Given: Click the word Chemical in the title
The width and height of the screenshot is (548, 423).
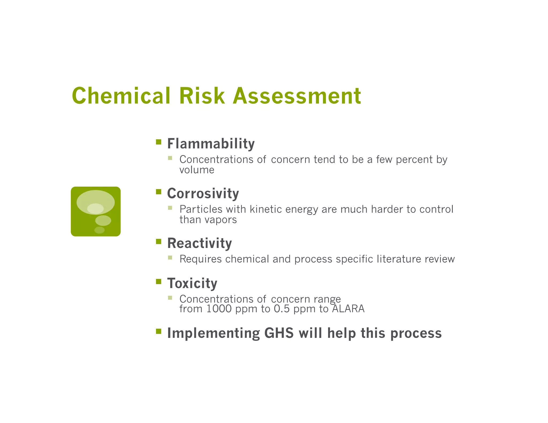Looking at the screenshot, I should (121, 96).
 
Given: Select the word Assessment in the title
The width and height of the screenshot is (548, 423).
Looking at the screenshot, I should (297, 96).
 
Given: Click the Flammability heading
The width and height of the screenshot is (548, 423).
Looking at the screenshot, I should (211, 144).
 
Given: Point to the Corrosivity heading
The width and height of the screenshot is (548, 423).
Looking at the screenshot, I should (203, 193).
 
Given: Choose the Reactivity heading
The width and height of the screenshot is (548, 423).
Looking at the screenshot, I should (199, 243).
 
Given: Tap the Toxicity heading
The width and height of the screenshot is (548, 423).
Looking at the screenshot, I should (192, 283).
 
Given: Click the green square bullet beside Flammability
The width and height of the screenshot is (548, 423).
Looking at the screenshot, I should (159, 142).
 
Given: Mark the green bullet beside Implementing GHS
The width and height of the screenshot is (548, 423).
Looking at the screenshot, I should (159, 332).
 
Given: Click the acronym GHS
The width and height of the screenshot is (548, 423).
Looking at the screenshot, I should (279, 333).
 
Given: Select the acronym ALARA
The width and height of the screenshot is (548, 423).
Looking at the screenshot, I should (348, 309).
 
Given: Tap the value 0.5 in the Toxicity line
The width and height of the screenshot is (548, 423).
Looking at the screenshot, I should (282, 309).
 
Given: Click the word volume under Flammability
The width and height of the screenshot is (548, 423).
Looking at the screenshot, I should (197, 170).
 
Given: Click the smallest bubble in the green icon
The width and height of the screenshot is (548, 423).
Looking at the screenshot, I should (100, 230).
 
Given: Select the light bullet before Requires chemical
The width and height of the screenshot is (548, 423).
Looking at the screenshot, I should (170, 257).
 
